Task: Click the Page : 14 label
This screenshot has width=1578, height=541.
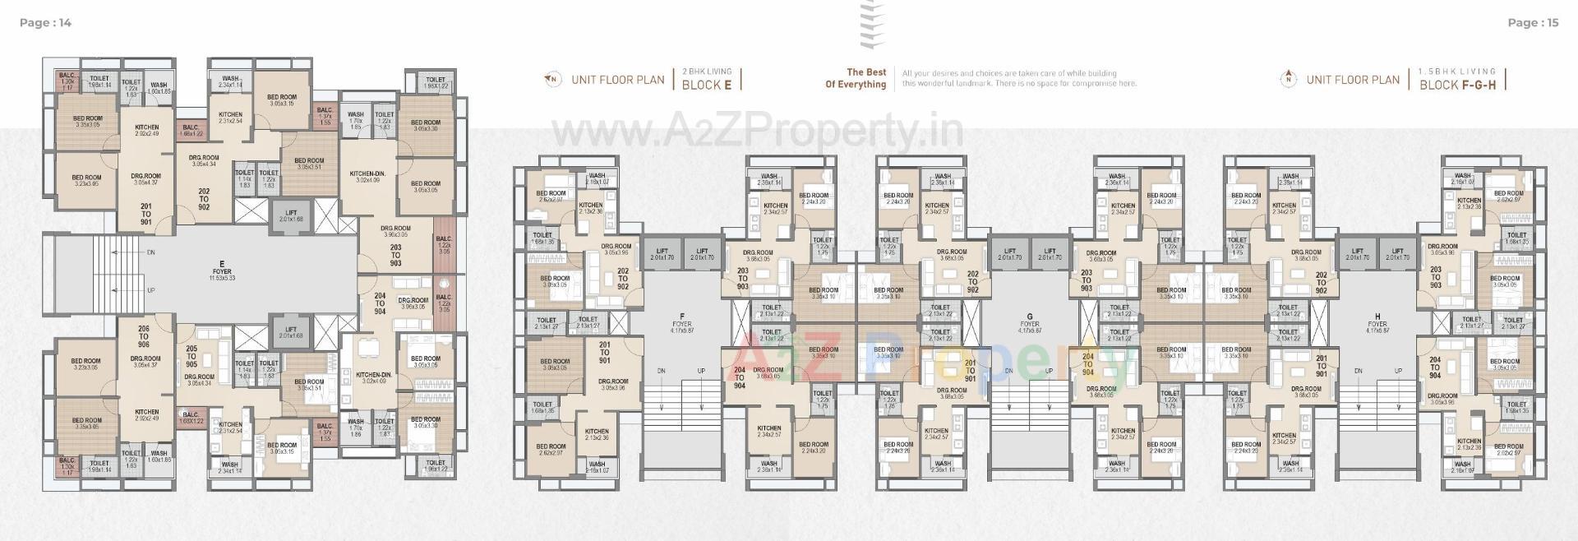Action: pyautogui.click(x=45, y=23)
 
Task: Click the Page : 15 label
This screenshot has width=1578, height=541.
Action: pyautogui.click(x=1533, y=23)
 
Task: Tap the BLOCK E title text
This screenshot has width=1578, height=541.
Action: pyautogui.click(x=706, y=85)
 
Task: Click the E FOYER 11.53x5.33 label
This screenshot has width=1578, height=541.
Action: pyautogui.click(x=222, y=272)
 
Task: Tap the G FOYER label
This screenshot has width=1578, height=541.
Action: pyautogui.click(x=1029, y=324)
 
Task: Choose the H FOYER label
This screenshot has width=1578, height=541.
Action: pyautogui.click(x=1377, y=324)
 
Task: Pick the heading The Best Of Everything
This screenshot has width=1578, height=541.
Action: pyautogui.click(x=856, y=78)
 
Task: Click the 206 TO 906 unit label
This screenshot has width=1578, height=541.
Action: pyautogui.click(x=144, y=336)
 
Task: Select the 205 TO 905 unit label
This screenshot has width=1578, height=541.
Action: pyautogui.click(x=191, y=355)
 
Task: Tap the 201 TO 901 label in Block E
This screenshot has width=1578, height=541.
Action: pyautogui.click(x=145, y=214)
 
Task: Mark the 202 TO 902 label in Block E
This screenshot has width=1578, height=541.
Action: pyautogui.click(x=204, y=199)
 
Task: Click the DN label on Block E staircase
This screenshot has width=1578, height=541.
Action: pyautogui.click(x=150, y=253)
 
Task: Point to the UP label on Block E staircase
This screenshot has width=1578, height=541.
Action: pyautogui.click(x=150, y=291)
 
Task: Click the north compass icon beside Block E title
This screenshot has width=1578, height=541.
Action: pyautogui.click(x=552, y=80)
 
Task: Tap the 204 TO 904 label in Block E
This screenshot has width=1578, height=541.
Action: pyautogui.click(x=380, y=303)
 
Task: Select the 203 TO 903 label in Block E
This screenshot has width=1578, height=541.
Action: pyautogui.click(x=395, y=256)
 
